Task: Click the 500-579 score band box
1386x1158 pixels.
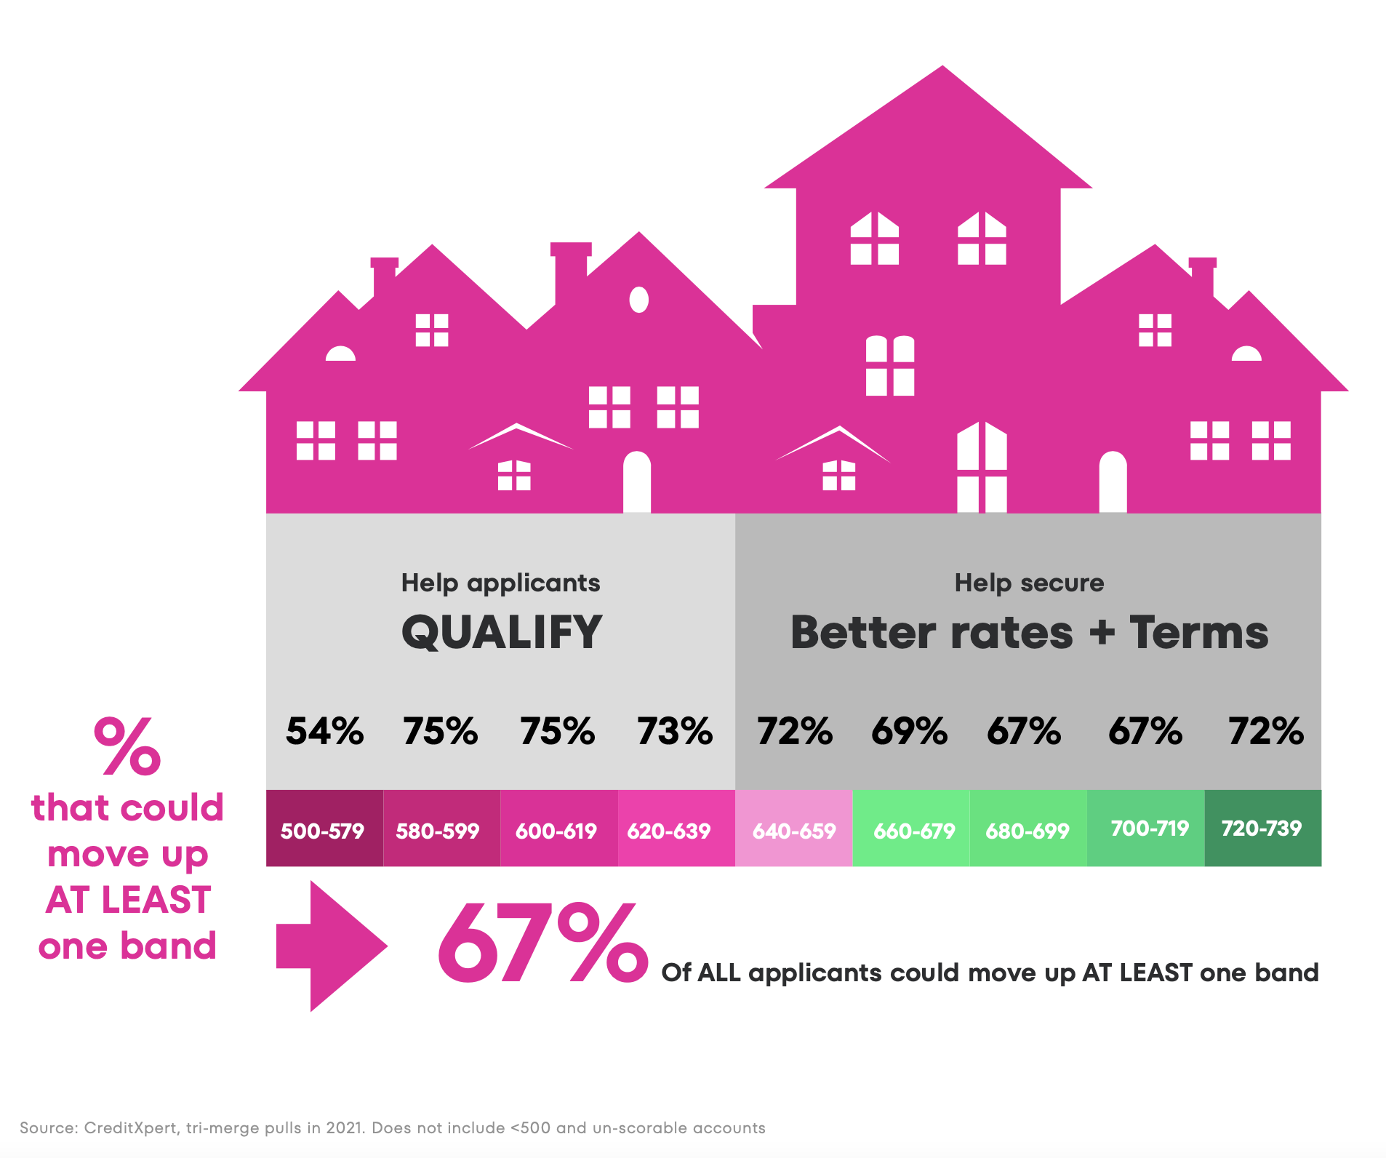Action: tap(324, 828)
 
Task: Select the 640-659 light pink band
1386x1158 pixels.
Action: tap(793, 828)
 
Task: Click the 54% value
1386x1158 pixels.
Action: tap(324, 731)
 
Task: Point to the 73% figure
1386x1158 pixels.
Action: tap(675, 731)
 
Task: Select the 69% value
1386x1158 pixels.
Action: tap(909, 731)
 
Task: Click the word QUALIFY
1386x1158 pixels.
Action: tap(502, 631)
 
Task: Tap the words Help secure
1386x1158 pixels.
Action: tap(1029, 583)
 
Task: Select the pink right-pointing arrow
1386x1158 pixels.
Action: tap(332, 946)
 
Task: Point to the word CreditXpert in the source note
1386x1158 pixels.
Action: tap(131, 1128)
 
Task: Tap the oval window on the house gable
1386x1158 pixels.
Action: tap(638, 299)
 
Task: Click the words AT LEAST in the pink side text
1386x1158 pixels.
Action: tap(128, 900)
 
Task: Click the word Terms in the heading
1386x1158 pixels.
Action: tap(1198, 632)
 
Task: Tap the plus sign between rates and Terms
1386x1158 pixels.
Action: tap(1102, 632)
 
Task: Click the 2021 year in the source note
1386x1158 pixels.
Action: tap(345, 1128)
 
